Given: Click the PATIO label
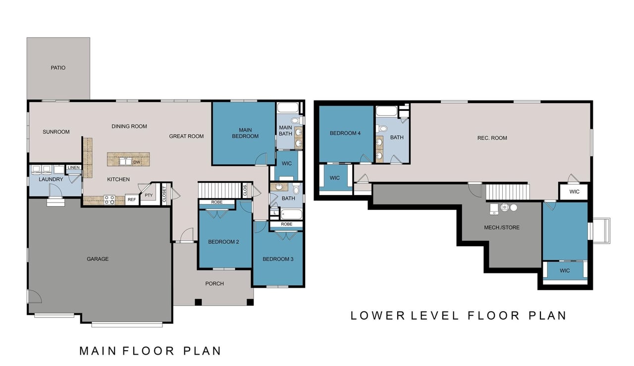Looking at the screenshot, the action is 58,68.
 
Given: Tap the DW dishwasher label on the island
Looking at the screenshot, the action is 137,162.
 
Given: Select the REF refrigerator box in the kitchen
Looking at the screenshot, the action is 132,200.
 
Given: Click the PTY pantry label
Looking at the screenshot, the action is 149,195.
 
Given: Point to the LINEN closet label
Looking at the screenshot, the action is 74,167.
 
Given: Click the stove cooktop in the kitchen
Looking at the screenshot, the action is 109,200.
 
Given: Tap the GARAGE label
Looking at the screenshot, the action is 98,259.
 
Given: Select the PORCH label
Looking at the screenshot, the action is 214,283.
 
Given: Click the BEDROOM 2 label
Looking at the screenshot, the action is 223,242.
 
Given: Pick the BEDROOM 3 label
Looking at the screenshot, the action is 278,259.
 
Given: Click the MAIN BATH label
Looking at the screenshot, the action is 285,130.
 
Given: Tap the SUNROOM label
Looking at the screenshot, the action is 56,132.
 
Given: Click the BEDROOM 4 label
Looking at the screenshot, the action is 345,133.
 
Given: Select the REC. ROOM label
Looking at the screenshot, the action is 492,138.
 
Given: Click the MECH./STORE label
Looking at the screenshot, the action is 502,227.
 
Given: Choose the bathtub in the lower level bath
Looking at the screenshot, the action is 386,111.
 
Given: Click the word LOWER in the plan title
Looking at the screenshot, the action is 378,315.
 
